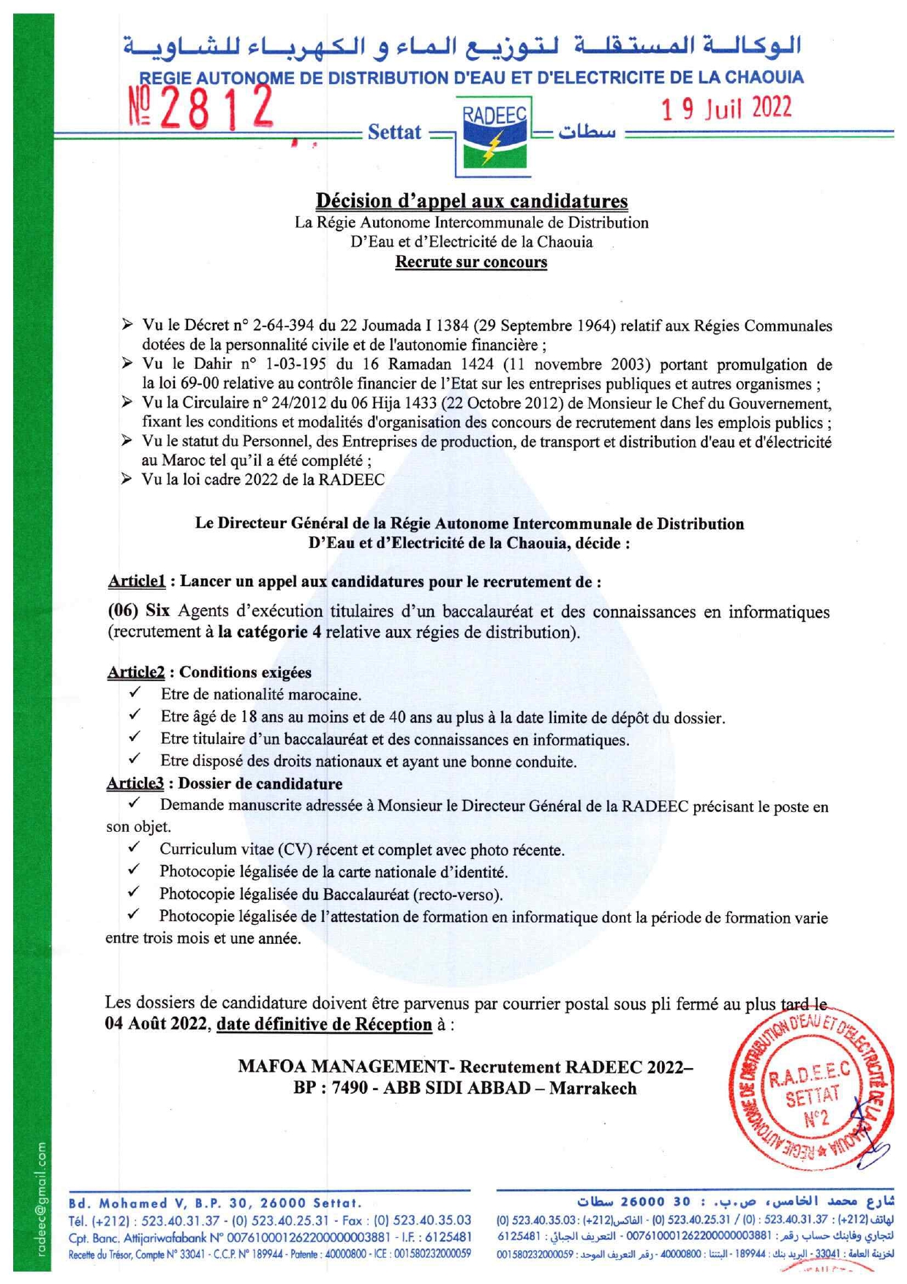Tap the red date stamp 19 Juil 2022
726,108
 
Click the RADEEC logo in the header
494,136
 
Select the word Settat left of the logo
394,132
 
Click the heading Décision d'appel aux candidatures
471,200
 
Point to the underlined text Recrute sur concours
471,262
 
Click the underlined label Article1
136,582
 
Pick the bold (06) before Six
123,611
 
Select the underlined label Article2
136,672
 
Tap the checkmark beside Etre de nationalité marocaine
135,692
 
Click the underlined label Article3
135,784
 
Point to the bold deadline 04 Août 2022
157,1024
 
